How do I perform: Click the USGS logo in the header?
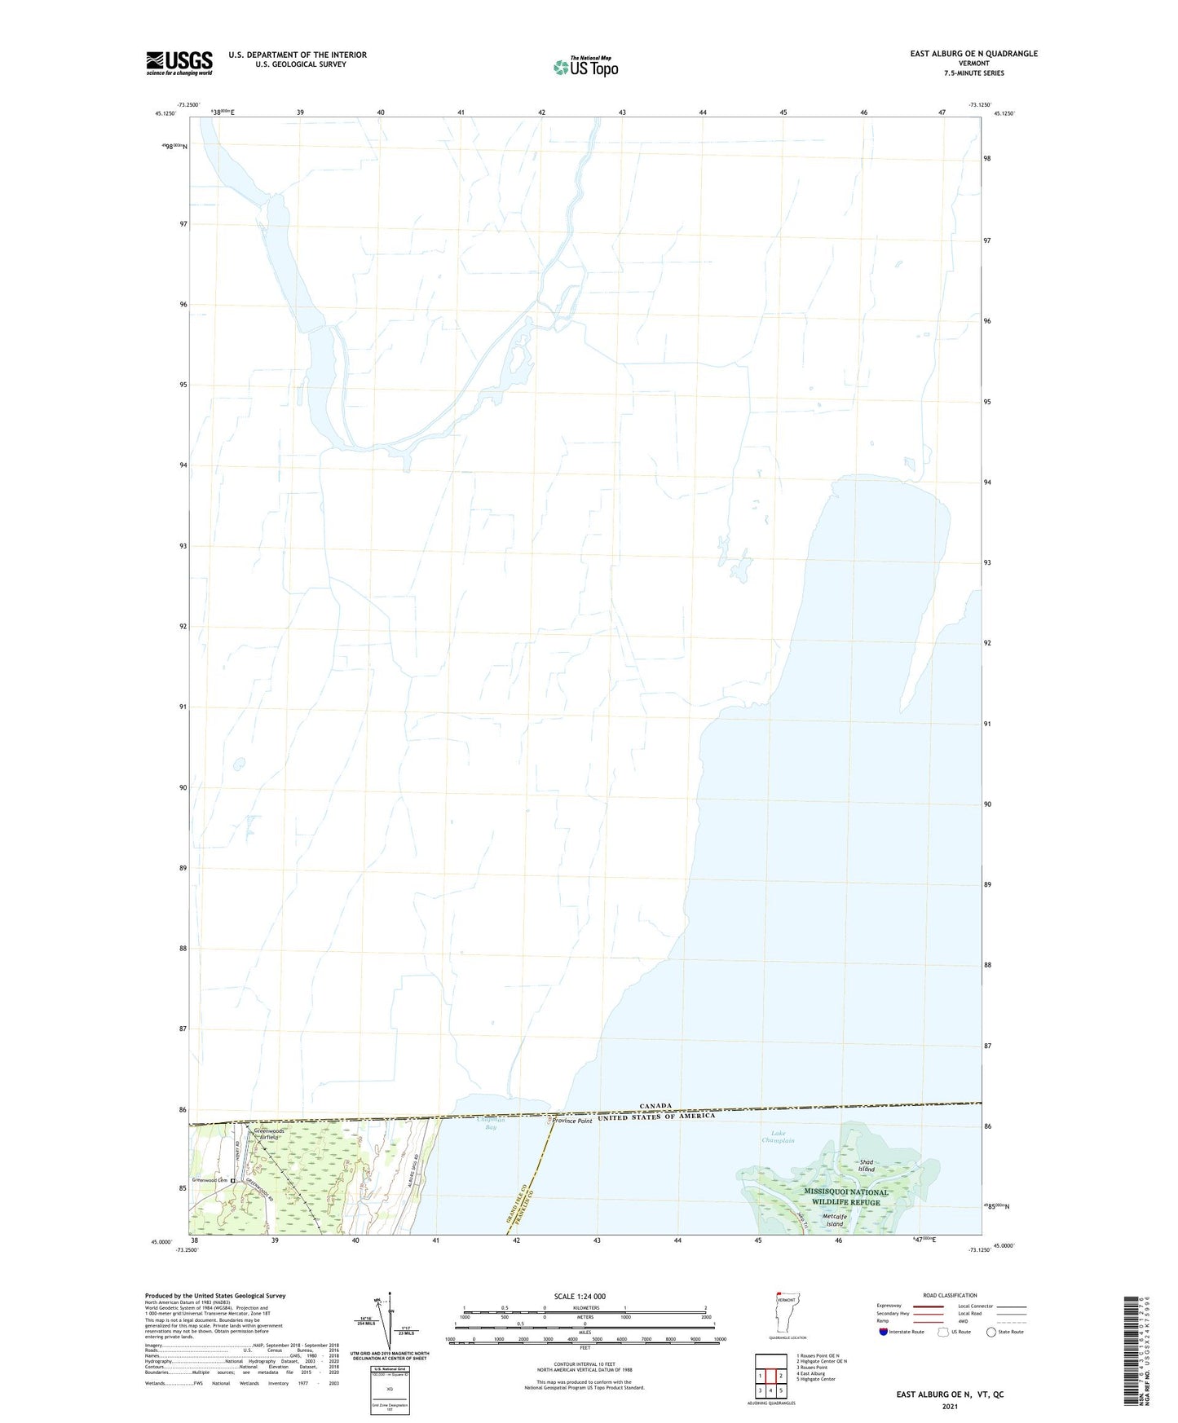pos(179,63)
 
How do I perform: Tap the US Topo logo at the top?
pos(585,66)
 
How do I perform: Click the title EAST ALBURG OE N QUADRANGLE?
pos(973,54)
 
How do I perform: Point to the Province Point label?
pos(572,1121)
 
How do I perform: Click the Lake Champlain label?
pos(778,1137)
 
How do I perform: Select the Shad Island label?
pos(867,1165)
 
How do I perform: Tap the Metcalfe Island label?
pos(833,1220)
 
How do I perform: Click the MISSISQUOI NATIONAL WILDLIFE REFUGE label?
pos(845,1196)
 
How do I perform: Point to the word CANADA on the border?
pos(655,1106)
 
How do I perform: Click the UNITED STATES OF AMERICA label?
pos(656,1117)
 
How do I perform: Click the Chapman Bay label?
pos(491,1125)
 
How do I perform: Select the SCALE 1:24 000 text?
pos(580,1296)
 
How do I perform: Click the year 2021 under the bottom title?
pos(950,1407)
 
